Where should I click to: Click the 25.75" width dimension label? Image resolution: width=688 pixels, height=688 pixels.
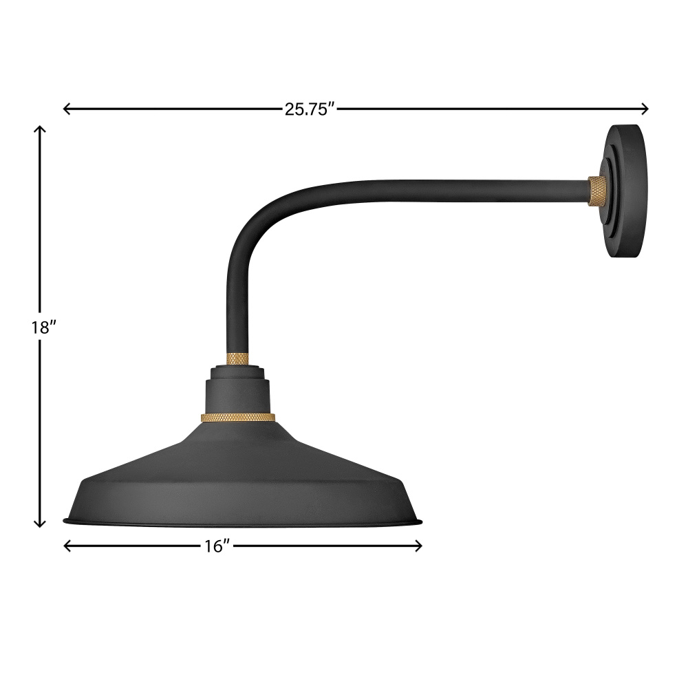pyautogui.click(x=310, y=109)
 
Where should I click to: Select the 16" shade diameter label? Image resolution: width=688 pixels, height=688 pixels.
pyautogui.click(x=217, y=546)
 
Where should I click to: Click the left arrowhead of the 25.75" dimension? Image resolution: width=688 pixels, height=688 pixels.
pyautogui.click(x=67, y=109)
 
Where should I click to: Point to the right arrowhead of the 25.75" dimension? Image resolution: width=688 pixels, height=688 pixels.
pyautogui.click(x=645, y=109)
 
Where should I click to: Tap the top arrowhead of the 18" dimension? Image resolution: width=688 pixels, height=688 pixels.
pyautogui.click(x=40, y=129)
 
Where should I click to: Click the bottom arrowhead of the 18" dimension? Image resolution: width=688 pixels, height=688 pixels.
pyautogui.click(x=40, y=523)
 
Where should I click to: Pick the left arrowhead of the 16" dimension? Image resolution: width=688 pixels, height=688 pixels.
pyautogui.click(x=67, y=546)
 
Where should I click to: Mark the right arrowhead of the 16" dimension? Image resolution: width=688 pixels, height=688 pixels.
pyautogui.click(x=418, y=546)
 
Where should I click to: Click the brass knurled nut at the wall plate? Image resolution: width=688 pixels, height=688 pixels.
pyautogui.click(x=596, y=191)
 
